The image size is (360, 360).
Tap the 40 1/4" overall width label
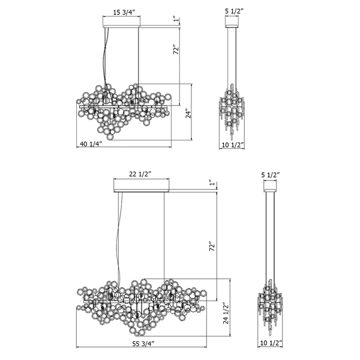pos(91,144)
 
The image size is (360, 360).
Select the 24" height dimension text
pos(187,113)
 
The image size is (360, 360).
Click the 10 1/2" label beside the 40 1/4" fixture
pos(233,144)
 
